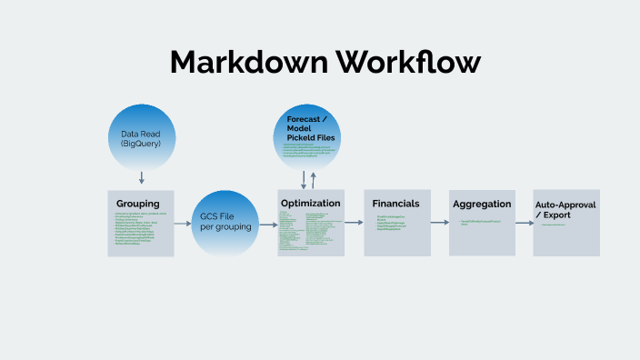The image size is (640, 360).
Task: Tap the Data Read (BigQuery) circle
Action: point(141,138)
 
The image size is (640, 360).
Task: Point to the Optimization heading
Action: point(311,203)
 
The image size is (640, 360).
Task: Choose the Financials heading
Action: point(396,204)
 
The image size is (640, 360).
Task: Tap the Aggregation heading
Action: point(482,204)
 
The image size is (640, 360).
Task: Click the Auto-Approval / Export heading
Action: point(565,211)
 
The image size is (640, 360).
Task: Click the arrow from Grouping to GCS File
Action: point(181,223)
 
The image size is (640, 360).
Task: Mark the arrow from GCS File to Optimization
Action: point(267,223)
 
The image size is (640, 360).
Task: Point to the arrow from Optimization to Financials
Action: point(354,223)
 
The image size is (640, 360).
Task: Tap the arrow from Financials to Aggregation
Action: point(439,223)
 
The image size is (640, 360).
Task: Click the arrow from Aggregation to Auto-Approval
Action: point(524,223)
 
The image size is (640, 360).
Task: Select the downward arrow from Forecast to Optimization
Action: point(304,181)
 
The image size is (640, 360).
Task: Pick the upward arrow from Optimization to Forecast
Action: point(314,181)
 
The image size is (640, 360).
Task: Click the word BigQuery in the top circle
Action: point(141,144)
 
